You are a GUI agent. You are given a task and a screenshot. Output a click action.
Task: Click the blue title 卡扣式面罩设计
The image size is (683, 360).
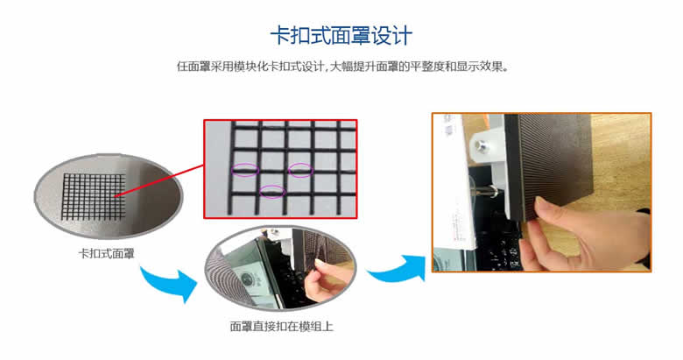341,36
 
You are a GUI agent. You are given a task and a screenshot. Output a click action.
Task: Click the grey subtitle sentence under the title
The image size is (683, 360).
343,67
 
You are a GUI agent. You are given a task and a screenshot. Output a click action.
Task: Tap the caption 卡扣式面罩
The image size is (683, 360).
106,254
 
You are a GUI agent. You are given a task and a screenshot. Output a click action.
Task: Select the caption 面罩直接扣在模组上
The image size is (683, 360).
281,327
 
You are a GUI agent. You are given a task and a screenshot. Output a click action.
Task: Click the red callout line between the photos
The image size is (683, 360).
159,180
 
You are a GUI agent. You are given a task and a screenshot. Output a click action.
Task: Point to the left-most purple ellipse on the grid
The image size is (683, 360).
245,170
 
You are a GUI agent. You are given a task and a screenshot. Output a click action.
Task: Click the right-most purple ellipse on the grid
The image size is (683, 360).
300,170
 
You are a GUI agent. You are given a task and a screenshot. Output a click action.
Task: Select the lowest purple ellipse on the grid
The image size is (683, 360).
272,191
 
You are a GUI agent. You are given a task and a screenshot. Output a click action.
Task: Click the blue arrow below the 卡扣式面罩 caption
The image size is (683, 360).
170,283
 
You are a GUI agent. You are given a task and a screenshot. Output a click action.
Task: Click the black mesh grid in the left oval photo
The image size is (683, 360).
94,197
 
